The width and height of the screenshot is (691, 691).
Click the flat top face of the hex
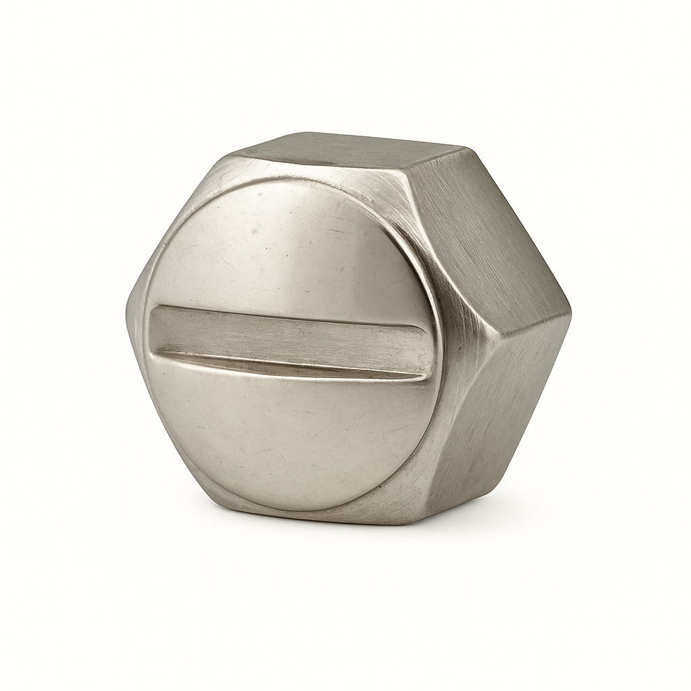[351, 152]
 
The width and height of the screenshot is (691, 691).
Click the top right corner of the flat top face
[466, 147]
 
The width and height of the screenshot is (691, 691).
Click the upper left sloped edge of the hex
[175, 216]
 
